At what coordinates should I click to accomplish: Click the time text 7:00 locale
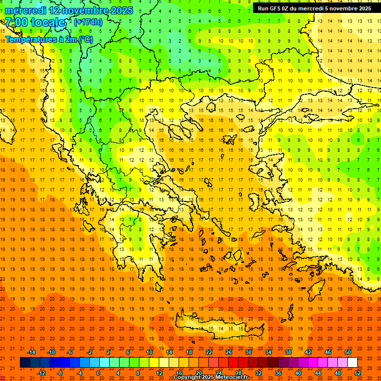pyautogui.click(x=35, y=22)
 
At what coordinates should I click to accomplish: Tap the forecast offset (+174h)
pyautogui.click(x=88, y=22)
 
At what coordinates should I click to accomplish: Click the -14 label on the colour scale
pyautogui.click(x=31, y=352)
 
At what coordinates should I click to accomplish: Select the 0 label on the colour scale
pyautogui.click(x=98, y=373)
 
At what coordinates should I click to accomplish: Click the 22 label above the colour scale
pyautogui.click(x=209, y=352)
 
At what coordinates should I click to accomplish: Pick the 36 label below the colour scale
pyautogui.click(x=278, y=373)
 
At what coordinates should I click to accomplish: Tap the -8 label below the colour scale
pyautogui.click(x=61, y=373)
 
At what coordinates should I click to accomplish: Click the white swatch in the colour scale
pyautogui.click(x=352, y=363)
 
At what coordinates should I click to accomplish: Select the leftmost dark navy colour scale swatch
pyautogui.click(x=25, y=363)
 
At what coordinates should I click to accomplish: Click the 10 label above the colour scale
pyautogui.click(x=149, y=352)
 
